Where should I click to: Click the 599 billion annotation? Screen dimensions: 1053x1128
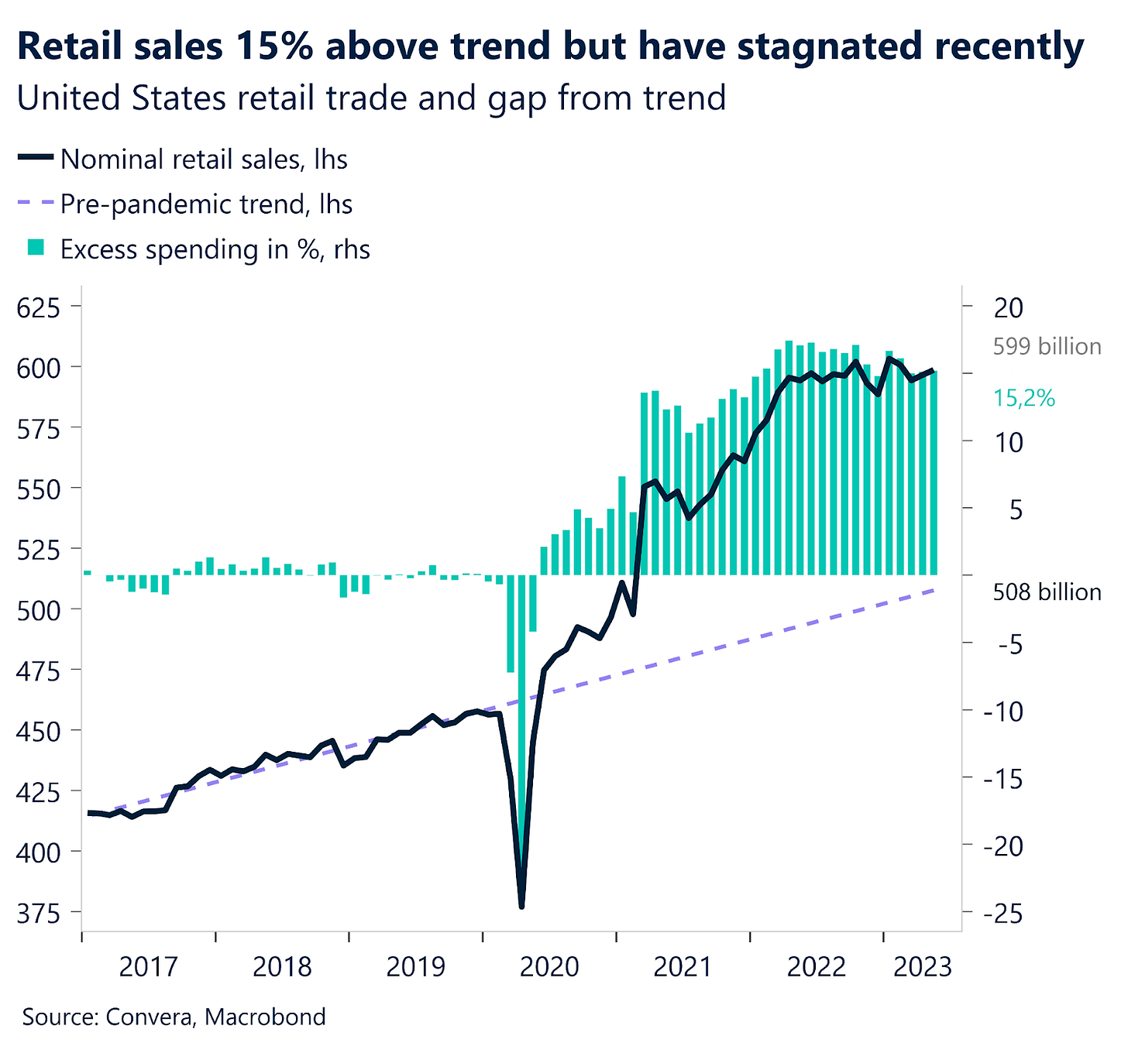[1047, 346]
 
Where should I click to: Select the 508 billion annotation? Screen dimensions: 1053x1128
[1047, 592]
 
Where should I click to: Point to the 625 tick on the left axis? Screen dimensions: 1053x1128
[38, 307]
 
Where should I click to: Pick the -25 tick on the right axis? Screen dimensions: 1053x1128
[1002, 914]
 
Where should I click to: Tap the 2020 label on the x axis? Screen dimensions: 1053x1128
[549, 967]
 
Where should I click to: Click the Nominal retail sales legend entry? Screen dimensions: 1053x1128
[203, 159]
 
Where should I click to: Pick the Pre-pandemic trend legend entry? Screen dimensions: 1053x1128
[206, 204]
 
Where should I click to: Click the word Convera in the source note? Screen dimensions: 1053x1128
[147, 1017]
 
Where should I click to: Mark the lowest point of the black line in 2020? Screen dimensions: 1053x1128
[521, 905]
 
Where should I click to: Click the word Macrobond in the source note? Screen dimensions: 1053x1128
[266, 1017]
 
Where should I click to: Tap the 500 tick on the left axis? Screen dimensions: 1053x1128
[38, 609]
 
